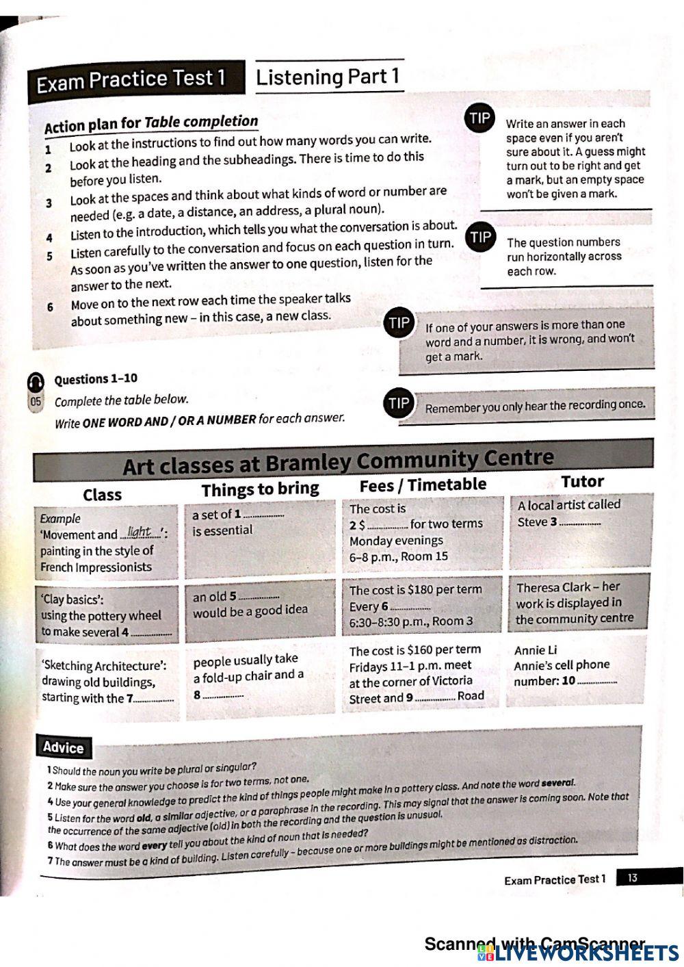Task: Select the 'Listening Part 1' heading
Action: tap(328, 77)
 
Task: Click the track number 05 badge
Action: tap(35, 402)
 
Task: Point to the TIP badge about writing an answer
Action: tap(479, 118)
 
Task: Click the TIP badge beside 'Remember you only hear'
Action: tap(398, 403)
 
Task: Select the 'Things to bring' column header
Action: tap(260, 489)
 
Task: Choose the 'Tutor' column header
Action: tap(582, 482)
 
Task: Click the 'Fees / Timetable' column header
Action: tap(423, 485)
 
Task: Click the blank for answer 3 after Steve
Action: tap(580, 524)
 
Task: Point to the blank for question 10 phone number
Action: tap(597, 682)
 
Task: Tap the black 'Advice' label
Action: tap(63, 747)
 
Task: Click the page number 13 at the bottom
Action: tap(632, 877)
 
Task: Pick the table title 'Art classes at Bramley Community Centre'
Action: tap(338, 461)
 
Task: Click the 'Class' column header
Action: tap(102, 495)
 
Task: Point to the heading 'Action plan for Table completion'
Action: tap(151, 124)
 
